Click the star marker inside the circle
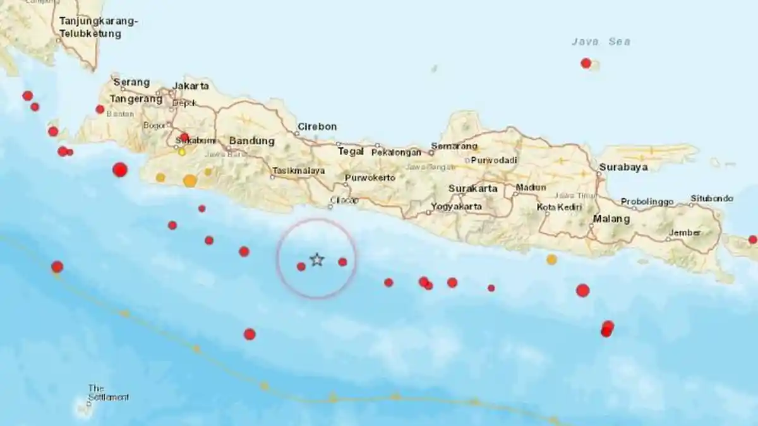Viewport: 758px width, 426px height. pos(317,259)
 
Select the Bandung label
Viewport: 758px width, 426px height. pos(251,141)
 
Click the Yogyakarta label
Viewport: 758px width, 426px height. pos(456,206)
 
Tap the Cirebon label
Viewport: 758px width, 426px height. pos(317,127)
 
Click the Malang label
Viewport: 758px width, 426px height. pos(611,219)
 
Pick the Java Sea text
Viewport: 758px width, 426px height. pos(601,42)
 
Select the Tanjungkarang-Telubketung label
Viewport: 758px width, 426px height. pos(98,27)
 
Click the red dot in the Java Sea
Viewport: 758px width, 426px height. pos(586,63)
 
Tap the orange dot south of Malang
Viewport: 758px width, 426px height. pos(551,259)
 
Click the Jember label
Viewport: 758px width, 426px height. pos(685,232)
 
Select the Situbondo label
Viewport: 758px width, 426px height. pos(711,198)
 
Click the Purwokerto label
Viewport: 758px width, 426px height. pos(370,178)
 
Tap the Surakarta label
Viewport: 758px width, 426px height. pos(472,188)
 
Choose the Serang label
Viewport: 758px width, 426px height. pos(131,82)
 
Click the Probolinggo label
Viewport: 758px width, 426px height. pos(647,202)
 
